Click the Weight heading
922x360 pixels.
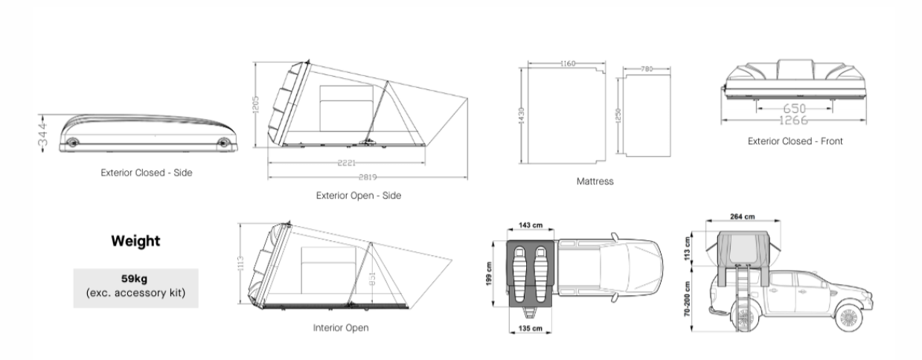click(135, 241)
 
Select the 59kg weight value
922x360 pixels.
click(135, 279)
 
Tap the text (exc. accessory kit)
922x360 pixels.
click(135, 292)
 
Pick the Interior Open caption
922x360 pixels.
click(340, 327)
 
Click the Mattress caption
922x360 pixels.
click(595, 181)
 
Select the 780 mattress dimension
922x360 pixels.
click(646, 69)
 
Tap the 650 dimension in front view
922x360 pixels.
click(795, 109)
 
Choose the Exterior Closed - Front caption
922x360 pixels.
click(795, 141)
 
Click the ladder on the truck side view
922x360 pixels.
click(740, 294)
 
